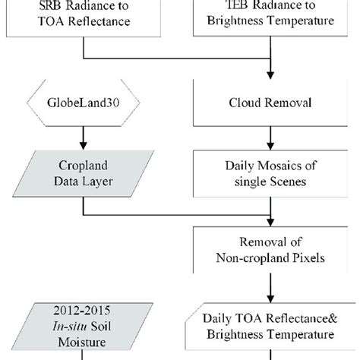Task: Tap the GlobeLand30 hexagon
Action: [81, 100]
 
